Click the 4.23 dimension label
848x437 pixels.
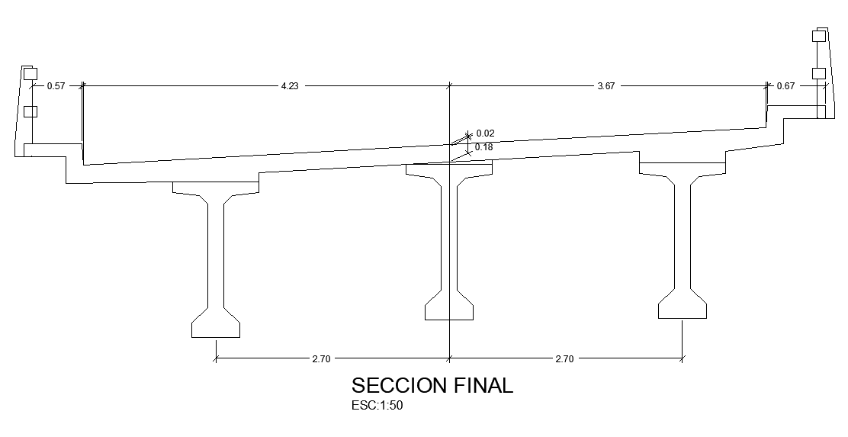point(290,86)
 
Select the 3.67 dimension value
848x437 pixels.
point(605,86)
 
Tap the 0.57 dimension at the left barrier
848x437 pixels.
point(56,86)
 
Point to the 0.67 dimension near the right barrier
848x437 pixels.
point(785,86)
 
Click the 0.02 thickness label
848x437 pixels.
point(485,133)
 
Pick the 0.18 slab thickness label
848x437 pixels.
point(484,146)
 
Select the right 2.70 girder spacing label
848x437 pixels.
point(564,358)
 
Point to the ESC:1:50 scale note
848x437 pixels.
point(377,406)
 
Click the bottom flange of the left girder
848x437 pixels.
point(216,326)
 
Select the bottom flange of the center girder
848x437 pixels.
point(449,309)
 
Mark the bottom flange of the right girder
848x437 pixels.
point(683,307)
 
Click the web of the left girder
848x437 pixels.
point(216,252)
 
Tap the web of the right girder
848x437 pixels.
point(683,236)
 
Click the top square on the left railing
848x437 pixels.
point(31,74)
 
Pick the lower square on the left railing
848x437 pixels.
point(31,111)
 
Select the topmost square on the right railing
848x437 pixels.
point(819,35)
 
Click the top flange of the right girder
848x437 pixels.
point(683,168)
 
